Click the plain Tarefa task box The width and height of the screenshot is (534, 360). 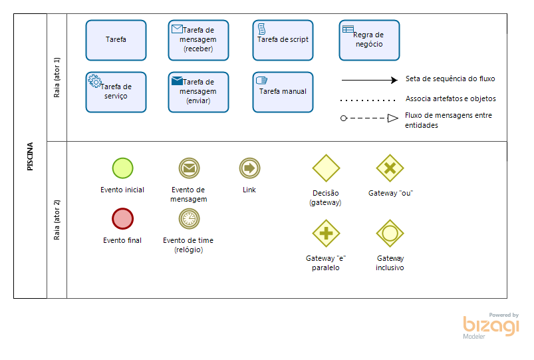coord(116,40)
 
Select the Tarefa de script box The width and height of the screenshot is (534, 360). coord(283,40)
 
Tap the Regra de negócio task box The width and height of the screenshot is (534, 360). coord(369,40)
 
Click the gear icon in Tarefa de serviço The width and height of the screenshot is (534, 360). coord(94,80)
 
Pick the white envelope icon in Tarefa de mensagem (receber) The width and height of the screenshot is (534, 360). coord(177,29)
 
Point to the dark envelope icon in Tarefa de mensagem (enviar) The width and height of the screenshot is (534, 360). coord(177,81)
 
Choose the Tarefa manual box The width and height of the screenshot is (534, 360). coord(283,92)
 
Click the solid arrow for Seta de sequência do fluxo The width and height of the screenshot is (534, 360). coord(369,80)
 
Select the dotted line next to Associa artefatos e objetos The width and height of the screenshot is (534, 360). coord(368,100)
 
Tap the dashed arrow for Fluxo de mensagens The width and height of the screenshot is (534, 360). coord(369,119)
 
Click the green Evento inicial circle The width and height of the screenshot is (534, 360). coord(122,168)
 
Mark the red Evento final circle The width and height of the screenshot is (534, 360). coord(122,218)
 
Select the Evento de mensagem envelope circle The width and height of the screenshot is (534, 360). coord(189,168)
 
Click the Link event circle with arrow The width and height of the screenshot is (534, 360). coord(249,168)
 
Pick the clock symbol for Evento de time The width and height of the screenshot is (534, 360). coord(189,218)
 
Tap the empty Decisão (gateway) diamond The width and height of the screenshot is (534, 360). coord(326,168)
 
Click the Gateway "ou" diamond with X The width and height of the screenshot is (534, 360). coord(390,168)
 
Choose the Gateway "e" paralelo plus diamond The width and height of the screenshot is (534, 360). coord(326,233)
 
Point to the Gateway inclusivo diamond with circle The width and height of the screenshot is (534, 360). coord(390,233)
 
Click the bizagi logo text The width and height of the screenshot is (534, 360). coord(491,326)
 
